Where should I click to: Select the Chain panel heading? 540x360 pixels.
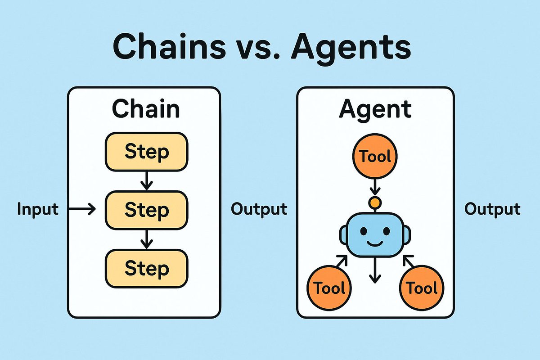pyautogui.click(x=145, y=109)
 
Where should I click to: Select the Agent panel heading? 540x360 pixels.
pyautogui.click(x=375, y=109)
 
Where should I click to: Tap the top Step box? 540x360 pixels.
pyautogui.click(x=146, y=152)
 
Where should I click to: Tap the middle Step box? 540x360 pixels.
pyautogui.click(x=146, y=210)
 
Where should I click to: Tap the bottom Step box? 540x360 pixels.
pyautogui.click(x=146, y=268)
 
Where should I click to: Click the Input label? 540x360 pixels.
pyautogui.click(x=38, y=209)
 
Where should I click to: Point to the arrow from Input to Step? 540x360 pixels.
pyautogui.click(x=84, y=209)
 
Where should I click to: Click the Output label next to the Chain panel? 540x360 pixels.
pyautogui.click(x=259, y=209)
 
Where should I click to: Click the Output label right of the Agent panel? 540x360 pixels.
pyautogui.click(x=492, y=209)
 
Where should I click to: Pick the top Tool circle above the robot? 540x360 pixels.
pyautogui.click(x=375, y=157)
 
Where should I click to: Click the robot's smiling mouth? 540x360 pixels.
pyautogui.click(x=375, y=243)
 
